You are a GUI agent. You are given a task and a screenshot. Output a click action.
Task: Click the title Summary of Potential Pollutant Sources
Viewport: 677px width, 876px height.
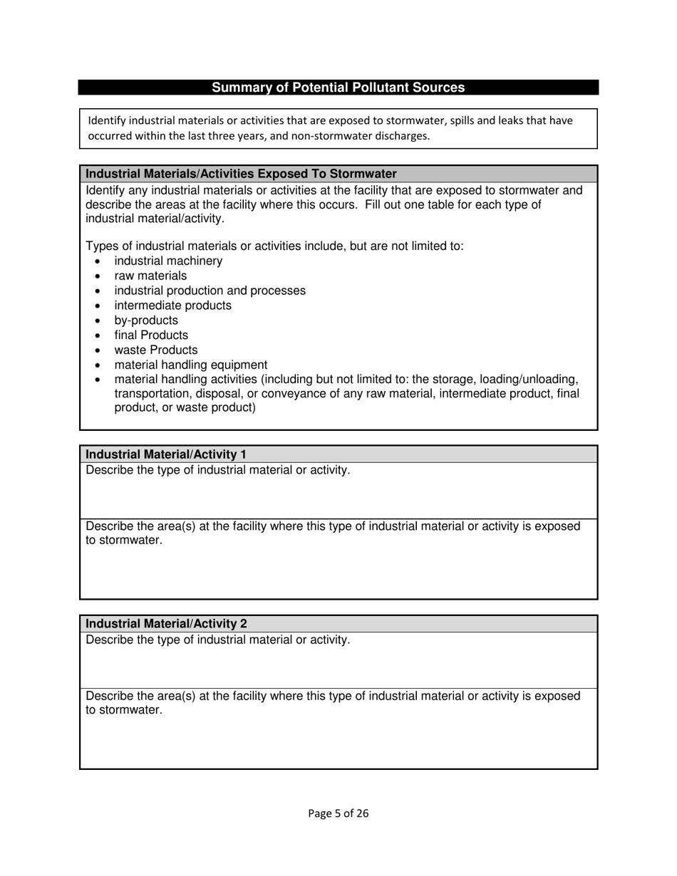[338, 88]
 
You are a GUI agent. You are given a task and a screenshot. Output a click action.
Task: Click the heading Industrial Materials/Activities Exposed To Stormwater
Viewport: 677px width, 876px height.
[241, 174]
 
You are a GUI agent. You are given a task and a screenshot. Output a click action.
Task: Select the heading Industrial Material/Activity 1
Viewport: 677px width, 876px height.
[166, 454]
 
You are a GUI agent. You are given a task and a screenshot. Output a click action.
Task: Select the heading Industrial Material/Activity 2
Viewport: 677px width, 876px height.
[166, 624]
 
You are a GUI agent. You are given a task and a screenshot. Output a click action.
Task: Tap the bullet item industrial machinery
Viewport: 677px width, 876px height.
[168, 261]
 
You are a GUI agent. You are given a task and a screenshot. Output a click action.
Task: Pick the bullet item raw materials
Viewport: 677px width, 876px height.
[150, 276]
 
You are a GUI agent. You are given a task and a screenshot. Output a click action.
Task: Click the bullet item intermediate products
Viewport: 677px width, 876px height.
[172, 306]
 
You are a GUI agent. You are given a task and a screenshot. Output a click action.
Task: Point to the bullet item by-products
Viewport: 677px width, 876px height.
[146, 320]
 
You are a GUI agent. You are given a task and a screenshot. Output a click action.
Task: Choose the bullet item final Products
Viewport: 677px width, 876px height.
[151, 335]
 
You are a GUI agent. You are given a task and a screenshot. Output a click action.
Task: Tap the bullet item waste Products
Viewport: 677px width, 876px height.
[156, 350]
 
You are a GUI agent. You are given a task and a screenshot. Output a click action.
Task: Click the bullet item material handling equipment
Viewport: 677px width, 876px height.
[191, 365]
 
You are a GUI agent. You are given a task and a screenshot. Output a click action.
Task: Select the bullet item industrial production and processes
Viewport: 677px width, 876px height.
[210, 291]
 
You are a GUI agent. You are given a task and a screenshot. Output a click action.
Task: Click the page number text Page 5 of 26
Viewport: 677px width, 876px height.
[338, 813]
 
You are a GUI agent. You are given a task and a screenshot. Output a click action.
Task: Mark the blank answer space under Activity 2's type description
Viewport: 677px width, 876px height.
[338, 668]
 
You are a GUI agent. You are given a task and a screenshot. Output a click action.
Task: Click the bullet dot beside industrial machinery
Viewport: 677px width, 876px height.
[98, 261]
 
